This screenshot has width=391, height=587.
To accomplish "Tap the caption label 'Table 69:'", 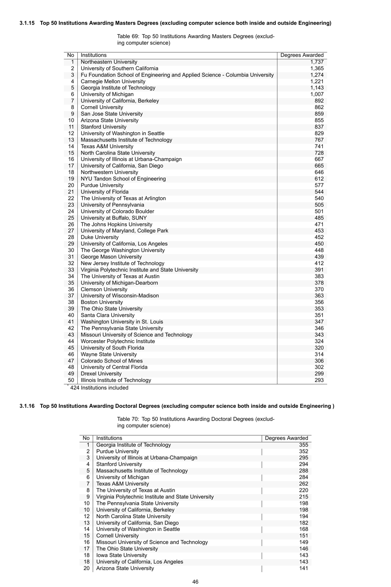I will point(128,37).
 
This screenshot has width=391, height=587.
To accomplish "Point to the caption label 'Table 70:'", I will point(128,419).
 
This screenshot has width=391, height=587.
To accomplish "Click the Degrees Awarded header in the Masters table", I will point(302,55).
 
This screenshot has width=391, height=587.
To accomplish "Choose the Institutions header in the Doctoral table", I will point(109,438).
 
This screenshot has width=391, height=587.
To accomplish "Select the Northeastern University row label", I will point(109,62).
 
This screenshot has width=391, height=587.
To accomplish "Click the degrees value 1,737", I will point(317,62).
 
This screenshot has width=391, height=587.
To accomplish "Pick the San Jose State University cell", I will point(112,114).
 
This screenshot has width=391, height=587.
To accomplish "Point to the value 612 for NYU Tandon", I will point(319,179).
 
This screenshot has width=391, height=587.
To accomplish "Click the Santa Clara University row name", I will point(107,315).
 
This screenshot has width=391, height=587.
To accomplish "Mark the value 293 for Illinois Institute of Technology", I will point(319,380).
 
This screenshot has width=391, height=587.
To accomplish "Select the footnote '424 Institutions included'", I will point(99,388).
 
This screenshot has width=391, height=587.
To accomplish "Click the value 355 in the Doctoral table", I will point(303,445).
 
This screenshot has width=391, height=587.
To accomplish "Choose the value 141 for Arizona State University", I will point(303,568).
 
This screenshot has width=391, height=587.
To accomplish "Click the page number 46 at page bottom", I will point(195,582).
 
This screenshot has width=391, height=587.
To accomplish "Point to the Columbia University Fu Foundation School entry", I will point(177,75).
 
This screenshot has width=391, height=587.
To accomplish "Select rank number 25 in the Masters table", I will point(71,218).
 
